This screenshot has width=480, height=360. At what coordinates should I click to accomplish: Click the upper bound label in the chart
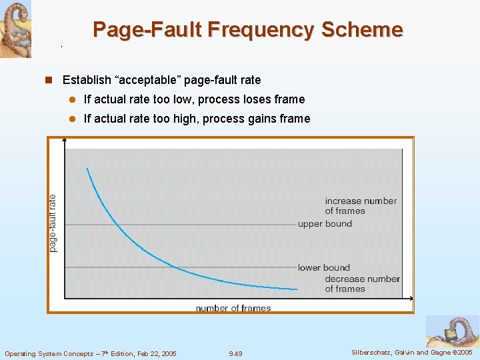[325, 224]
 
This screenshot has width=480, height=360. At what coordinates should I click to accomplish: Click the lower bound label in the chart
[324, 268]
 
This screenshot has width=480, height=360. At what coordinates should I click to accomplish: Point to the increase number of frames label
[360, 206]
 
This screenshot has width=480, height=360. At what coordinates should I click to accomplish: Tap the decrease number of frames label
[362, 284]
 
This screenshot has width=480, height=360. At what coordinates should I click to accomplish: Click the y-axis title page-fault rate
[53, 222]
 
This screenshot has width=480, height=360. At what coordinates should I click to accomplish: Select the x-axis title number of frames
[233, 308]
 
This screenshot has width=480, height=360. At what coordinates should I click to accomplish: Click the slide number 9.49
[235, 353]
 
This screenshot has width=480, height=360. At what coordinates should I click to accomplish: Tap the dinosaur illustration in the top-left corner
[15, 29]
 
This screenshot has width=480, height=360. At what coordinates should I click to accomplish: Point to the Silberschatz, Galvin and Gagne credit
[411, 353]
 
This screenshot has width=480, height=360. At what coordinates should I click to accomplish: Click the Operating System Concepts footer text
[91, 353]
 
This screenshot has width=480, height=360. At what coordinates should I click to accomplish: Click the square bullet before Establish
[48, 80]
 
